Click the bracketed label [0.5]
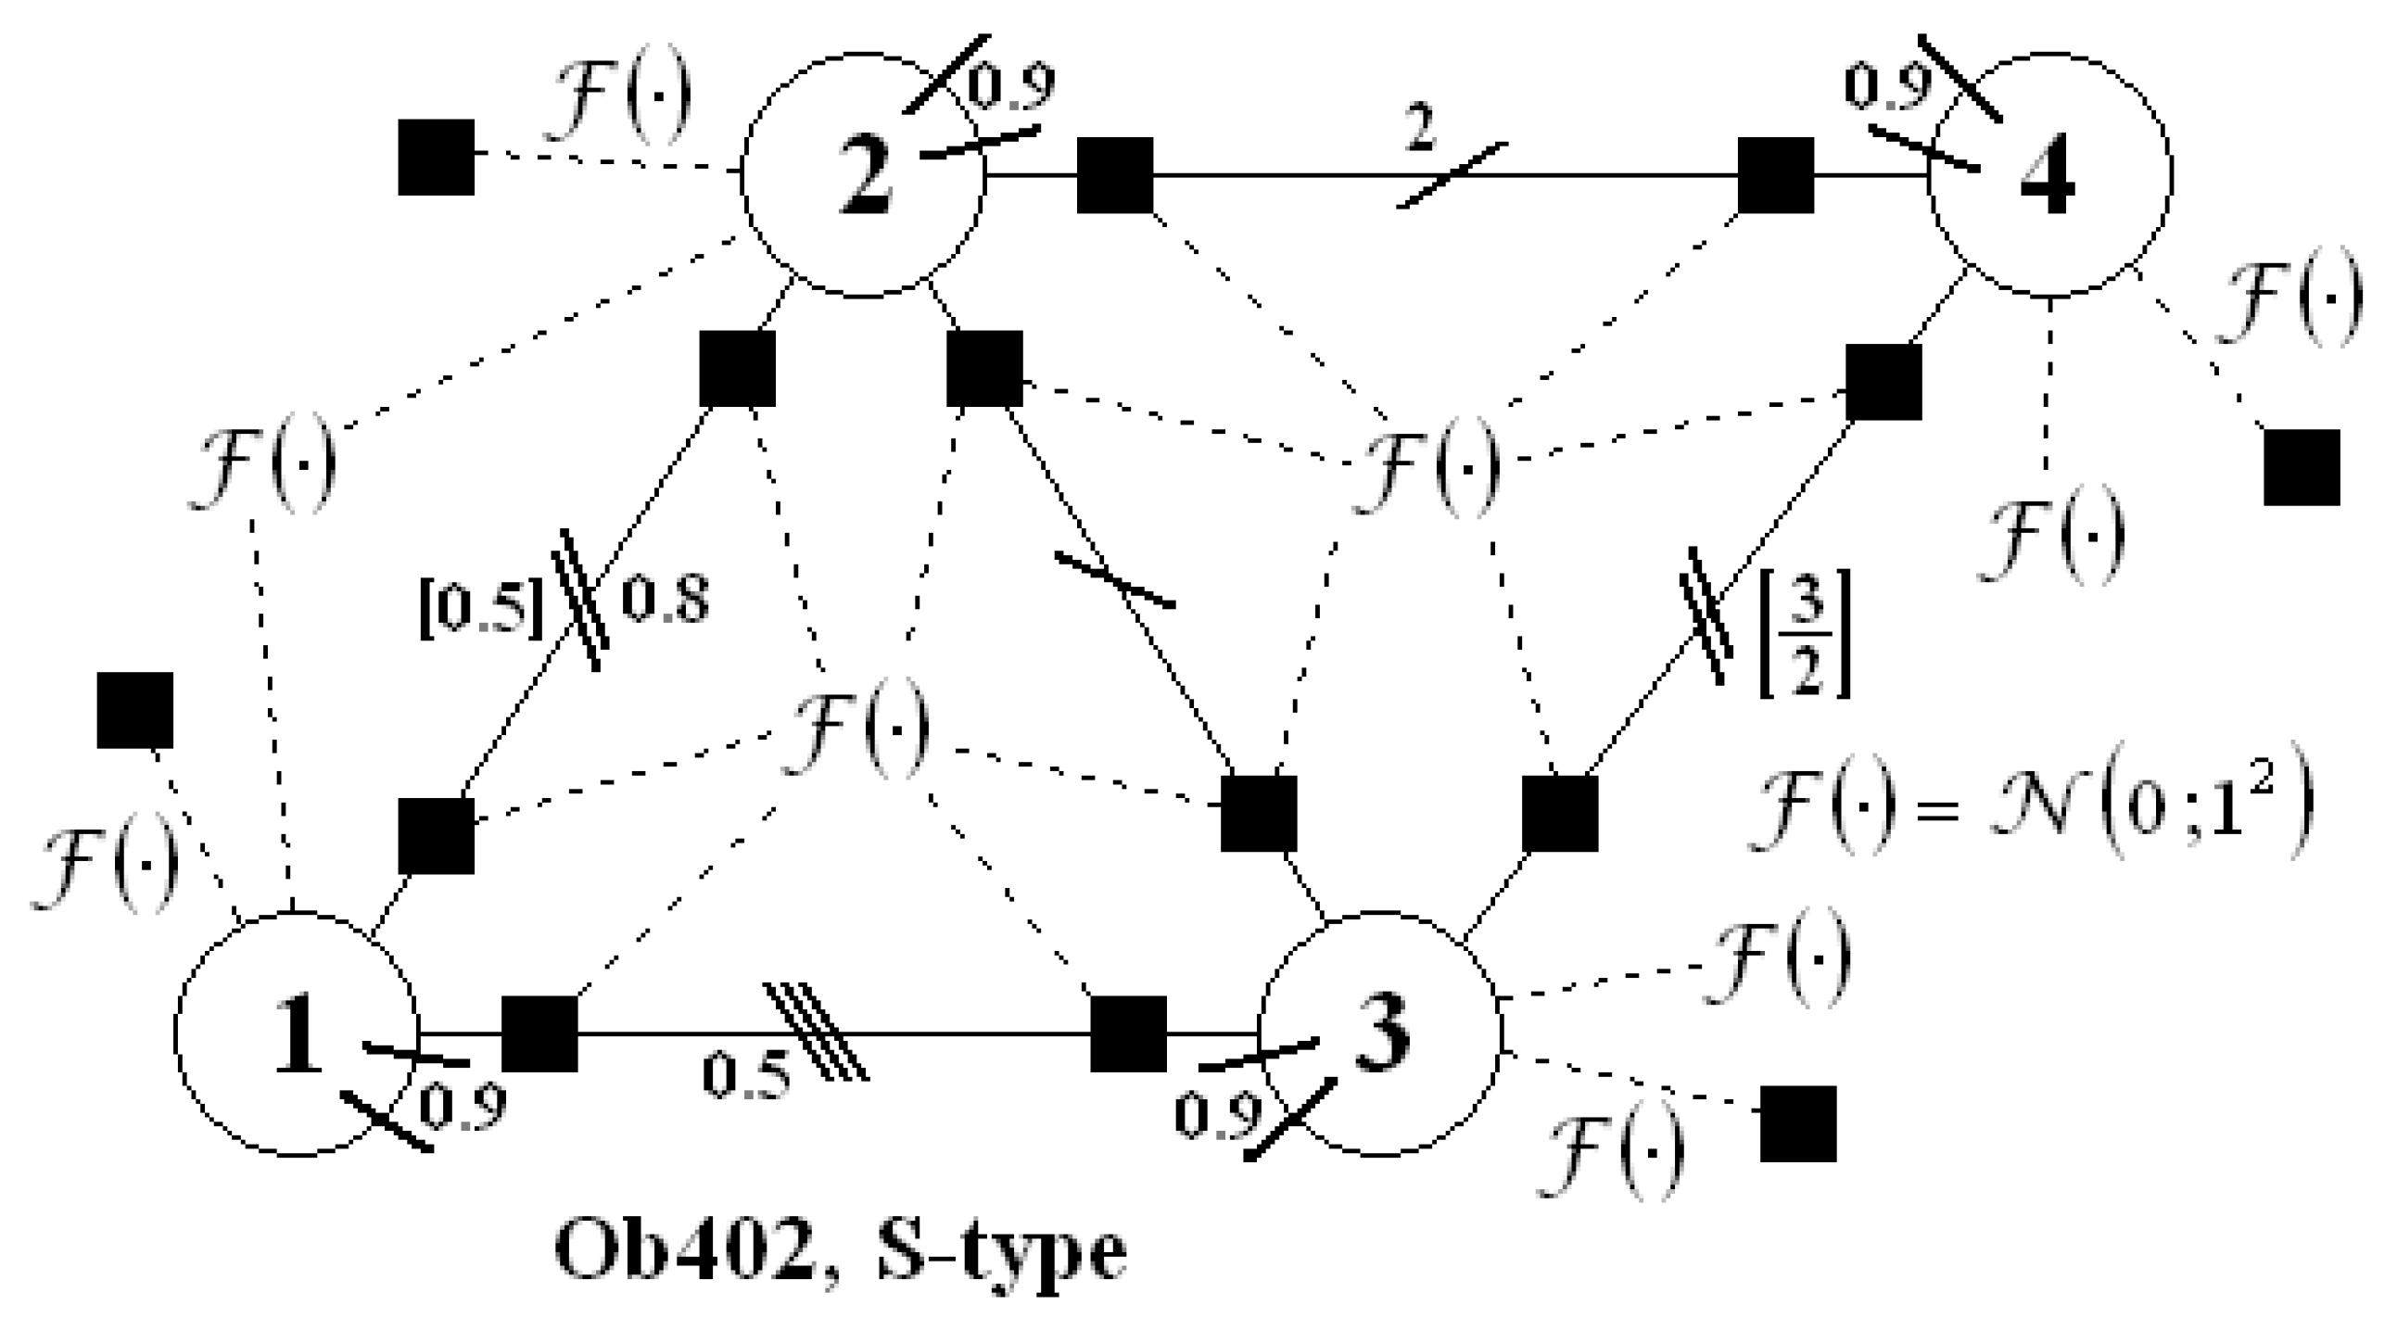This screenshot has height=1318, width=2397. point(481,611)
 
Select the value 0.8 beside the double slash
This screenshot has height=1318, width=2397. point(665,600)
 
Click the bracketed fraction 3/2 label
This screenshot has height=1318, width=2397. point(1805,633)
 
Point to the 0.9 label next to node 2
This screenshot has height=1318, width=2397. point(1011,86)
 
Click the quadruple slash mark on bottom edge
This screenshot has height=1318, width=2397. point(816,1033)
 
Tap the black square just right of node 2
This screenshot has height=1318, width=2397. point(1115,175)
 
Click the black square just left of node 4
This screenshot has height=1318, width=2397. point(1775,175)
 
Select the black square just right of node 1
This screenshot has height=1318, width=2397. point(539,1033)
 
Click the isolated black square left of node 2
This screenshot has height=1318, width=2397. point(437,158)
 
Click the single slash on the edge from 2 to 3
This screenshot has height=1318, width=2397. point(1114,579)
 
